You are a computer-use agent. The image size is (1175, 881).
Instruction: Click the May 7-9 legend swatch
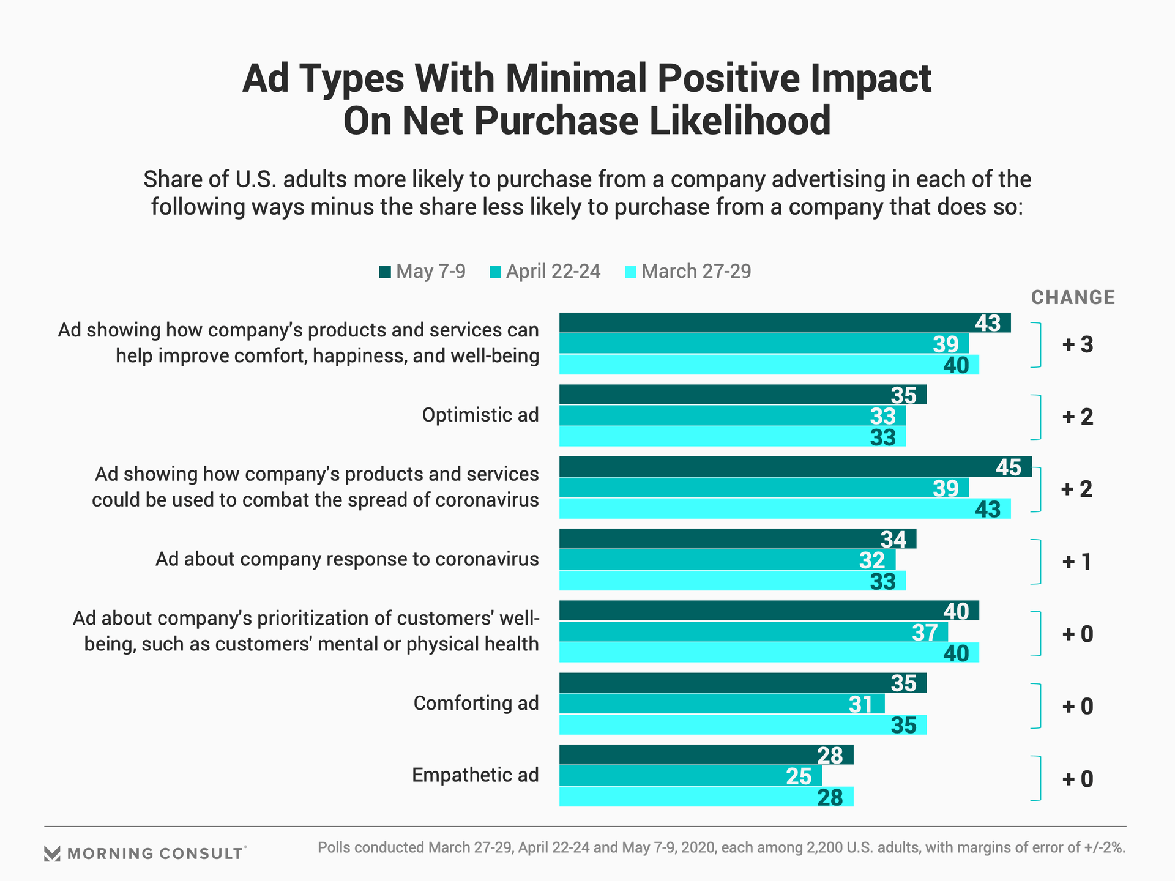click(x=385, y=272)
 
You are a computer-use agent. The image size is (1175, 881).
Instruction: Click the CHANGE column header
click(x=1073, y=298)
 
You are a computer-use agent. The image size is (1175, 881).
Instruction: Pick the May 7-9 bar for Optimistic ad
click(x=742, y=395)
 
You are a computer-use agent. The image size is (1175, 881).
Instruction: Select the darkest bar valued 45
click(x=795, y=467)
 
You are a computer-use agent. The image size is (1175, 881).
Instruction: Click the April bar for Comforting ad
click(x=722, y=704)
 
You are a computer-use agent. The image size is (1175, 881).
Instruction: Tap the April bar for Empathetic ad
click(x=690, y=776)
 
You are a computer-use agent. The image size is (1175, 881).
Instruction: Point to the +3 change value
click(x=1078, y=345)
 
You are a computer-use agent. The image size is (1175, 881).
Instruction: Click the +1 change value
click(x=1077, y=562)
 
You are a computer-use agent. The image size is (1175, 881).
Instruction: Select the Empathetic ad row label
click(x=475, y=775)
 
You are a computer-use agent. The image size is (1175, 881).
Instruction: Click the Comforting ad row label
click(x=476, y=704)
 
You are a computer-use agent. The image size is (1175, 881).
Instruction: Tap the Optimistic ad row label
click(x=480, y=415)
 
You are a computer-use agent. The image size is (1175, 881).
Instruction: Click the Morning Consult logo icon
click(x=53, y=853)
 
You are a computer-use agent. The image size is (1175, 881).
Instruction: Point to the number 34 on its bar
click(x=893, y=540)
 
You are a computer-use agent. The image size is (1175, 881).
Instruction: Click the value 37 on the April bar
click(x=924, y=633)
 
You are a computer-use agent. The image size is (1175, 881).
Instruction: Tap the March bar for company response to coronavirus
click(x=732, y=581)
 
